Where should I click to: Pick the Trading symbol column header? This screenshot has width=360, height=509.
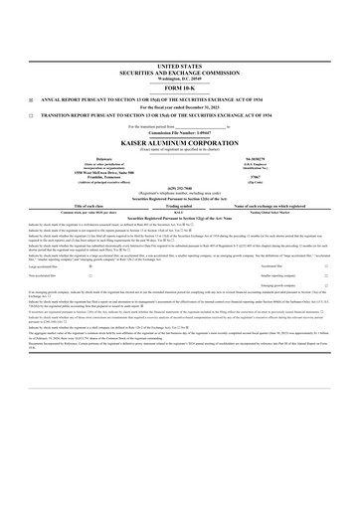pyautogui.click(x=179, y=206)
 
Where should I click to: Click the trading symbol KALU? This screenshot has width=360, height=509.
pyautogui.click(x=179, y=213)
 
